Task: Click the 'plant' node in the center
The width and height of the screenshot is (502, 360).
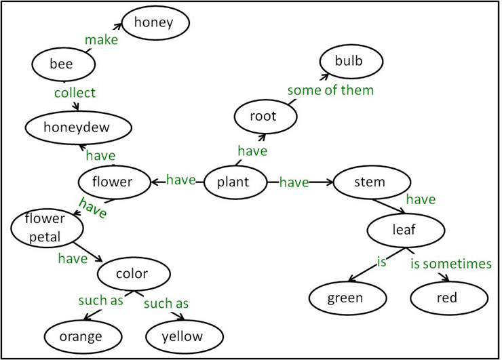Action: click(x=233, y=182)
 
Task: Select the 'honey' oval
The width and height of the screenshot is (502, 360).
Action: click(x=153, y=23)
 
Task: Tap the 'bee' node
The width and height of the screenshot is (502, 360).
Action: click(x=62, y=65)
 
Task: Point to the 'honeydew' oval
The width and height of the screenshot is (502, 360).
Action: click(x=77, y=127)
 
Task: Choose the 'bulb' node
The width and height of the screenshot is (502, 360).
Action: click(x=349, y=61)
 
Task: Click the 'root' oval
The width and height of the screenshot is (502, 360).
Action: click(x=263, y=117)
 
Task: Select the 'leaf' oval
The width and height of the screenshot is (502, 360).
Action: click(x=404, y=230)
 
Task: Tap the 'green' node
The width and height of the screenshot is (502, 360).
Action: click(x=345, y=298)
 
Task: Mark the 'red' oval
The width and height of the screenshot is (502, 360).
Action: click(x=448, y=298)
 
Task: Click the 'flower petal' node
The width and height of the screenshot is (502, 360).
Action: click(x=44, y=227)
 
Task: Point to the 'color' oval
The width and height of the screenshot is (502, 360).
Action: click(x=132, y=274)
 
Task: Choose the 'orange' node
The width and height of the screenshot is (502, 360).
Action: click(x=81, y=336)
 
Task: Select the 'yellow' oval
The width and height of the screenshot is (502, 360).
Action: click(x=182, y=336)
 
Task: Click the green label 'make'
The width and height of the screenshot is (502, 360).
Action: click(x=101, y=40)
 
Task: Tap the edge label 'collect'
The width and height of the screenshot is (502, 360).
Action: click(x=75, y=93)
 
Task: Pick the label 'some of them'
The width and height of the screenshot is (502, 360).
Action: click(x=330, y=90)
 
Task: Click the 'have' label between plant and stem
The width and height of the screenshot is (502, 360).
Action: click(x=294, y=182)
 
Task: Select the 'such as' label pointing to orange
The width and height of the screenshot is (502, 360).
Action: click(x=100, y=300)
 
